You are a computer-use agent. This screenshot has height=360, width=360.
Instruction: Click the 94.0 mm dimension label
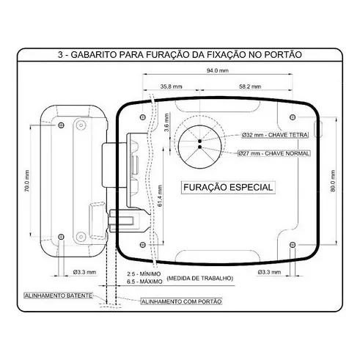(x=218, y=70)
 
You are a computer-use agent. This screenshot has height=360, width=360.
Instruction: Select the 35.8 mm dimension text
(x=171, y=87)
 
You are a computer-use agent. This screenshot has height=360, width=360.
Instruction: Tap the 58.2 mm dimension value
(x=250, y=87)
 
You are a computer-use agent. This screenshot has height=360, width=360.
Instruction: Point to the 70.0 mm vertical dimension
(x=27, y=181)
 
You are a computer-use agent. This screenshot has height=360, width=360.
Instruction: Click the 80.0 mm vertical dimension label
(x=333, y=181)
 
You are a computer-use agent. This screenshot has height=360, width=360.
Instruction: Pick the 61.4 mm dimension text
(x=160, y=196)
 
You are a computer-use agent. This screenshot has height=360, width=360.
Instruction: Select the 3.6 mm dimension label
(x=166, y=122)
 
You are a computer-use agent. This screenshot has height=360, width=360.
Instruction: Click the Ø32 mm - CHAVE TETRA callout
(x=275, y=135)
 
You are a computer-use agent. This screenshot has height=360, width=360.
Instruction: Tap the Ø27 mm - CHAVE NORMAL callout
(x=274, y=153)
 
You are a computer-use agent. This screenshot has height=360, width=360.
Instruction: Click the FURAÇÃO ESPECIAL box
(x=228, y=188)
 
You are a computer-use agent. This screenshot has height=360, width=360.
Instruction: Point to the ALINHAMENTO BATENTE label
(x=59, y=295)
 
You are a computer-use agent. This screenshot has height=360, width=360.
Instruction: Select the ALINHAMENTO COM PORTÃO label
(x=182, y=301)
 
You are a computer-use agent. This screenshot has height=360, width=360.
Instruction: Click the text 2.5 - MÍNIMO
(x=144, y=274)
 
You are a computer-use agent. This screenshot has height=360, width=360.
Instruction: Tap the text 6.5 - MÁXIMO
(x=144, y=282)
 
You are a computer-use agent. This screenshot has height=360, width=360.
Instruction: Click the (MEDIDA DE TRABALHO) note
(x=200, y=278)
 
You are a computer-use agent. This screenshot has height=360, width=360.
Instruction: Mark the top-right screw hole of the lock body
(x=293, y=117)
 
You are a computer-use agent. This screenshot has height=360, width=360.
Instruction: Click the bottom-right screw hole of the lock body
(x=293, y=245)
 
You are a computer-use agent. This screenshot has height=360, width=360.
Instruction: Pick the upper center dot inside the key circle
(x=199, y=141)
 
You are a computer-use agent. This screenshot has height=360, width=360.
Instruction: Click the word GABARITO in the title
(x=93, y=54)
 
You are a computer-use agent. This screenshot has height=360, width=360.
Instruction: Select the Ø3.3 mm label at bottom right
(x=269, y=272)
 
